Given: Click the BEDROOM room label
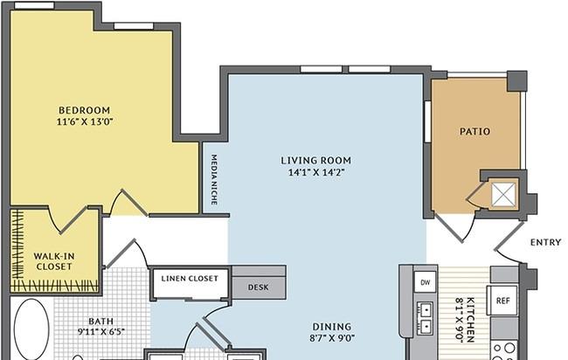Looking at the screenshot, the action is (x=85, y=110).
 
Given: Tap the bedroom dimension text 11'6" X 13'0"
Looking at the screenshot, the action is (x=85, y=121).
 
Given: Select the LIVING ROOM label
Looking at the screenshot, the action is (x=316, y=161).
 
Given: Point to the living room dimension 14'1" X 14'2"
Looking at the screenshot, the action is (x=316, y=172).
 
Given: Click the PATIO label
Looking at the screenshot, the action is (x=474, y=131).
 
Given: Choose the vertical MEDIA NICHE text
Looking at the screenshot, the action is (x=214, y=180).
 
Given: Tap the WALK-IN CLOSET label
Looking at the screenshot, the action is (x=54, y=261).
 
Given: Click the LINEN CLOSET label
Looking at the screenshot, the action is (x=190, y=279).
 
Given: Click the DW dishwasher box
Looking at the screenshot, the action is (x=426, y=281).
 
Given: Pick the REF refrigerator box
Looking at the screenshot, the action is (x=503, y=301).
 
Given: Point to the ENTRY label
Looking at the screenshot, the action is (x=545, y=242).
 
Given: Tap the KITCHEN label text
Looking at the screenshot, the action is (x=470, y=320).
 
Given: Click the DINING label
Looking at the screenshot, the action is (x=332, y=327).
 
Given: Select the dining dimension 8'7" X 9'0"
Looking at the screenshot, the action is (x=332, y=338).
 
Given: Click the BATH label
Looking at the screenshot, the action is (x=101, y=322).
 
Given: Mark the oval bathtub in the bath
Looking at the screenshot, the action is (x=31, y=329).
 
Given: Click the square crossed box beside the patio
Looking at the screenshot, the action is (x=503, y=195).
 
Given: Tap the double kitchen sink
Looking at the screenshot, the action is (x=426, y=319).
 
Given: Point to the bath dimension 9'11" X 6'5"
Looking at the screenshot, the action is (x=101, y=332).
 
